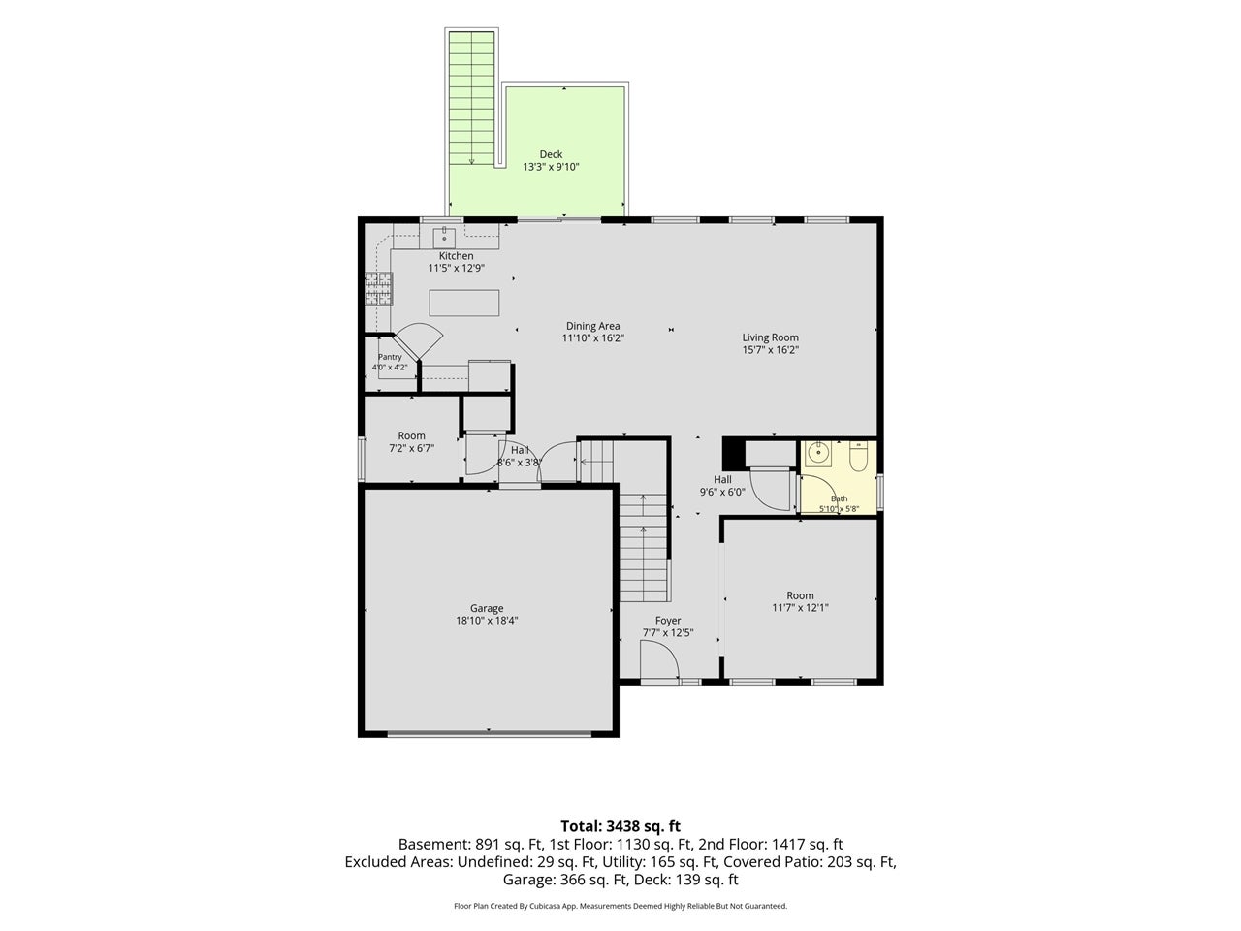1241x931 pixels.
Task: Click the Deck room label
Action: coord(550,154)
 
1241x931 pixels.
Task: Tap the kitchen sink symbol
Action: coord(444,235)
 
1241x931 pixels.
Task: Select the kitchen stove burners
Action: coord(378,288)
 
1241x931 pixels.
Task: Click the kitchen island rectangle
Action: coord(463,303)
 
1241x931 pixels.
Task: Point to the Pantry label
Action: coord(390,357)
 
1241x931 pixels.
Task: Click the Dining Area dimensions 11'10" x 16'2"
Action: coord(592,338)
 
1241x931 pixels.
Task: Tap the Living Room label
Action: coord(770,337)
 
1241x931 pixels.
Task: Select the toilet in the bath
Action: coord(858,457)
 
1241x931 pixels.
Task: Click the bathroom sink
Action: coord(817,454)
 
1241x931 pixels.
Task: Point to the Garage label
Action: coord(487,608)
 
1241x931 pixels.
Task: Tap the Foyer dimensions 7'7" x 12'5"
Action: coord(668,632)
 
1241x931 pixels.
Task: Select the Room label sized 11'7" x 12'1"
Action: coord(800,595)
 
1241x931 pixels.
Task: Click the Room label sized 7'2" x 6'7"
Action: coord(411,435)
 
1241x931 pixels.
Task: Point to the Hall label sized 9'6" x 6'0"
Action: coord(722,479)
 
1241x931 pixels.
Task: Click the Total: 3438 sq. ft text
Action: coord(620,826)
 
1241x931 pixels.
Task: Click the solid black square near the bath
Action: coord(734,453)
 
